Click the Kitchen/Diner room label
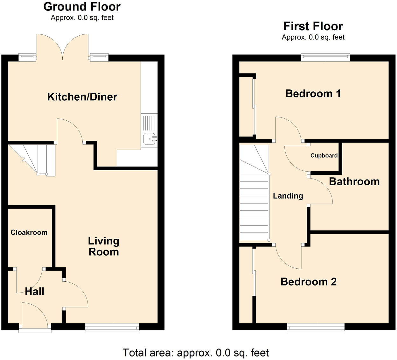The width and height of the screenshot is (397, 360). (82, 97)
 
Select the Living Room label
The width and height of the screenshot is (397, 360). (104, 246)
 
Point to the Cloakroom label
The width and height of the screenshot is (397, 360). (29, 233)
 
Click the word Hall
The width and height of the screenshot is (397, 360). (34, 291)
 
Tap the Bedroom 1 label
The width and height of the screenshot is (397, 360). (313, 94)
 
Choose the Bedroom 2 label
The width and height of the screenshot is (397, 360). (308, 282)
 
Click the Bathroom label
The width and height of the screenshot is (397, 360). (354, 181)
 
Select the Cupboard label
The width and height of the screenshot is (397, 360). (324, 156)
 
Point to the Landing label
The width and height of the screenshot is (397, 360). (288, 196)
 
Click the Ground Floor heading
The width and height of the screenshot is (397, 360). (82, 7)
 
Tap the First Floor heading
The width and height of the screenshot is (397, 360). (313, 26)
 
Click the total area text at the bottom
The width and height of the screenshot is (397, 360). (196, 353)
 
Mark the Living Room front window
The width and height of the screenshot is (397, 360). (112, 327)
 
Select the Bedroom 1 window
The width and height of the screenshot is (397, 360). (325, 58)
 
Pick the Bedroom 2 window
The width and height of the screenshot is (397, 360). (316, 327)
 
